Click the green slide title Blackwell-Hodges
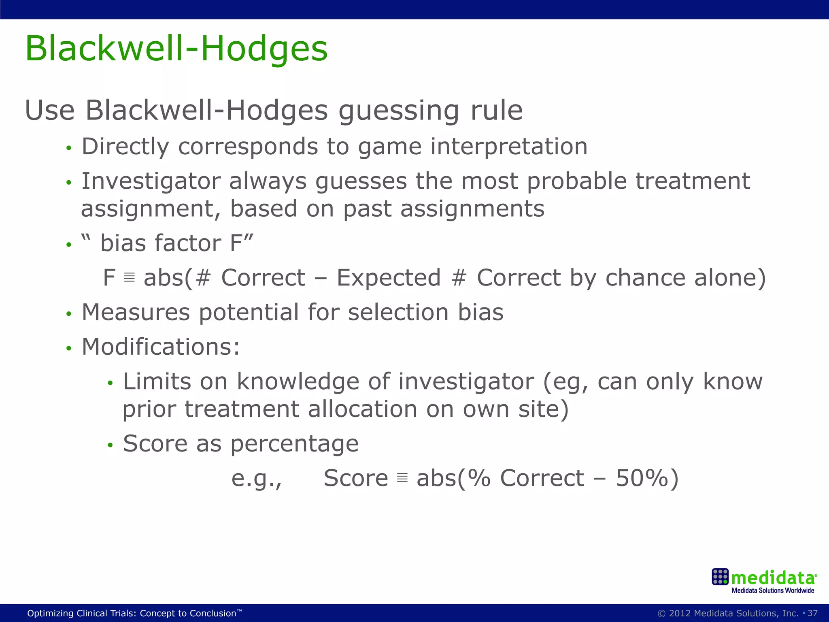click(176, 49)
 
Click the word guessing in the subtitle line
click(398, 111)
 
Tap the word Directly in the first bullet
click(125, 147)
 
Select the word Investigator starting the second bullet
click(151, 181)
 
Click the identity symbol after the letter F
click(129, 278)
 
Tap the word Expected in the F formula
click(389, 278)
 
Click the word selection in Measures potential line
click(398, 313)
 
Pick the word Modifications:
click(161, 347)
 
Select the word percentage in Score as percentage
click(294, 444)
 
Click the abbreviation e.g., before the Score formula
click(257, 479)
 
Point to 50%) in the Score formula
click(647, 479)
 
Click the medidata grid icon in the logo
click(720, 577)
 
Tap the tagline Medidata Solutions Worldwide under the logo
click(772, 591)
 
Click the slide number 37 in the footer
click(812, 613)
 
